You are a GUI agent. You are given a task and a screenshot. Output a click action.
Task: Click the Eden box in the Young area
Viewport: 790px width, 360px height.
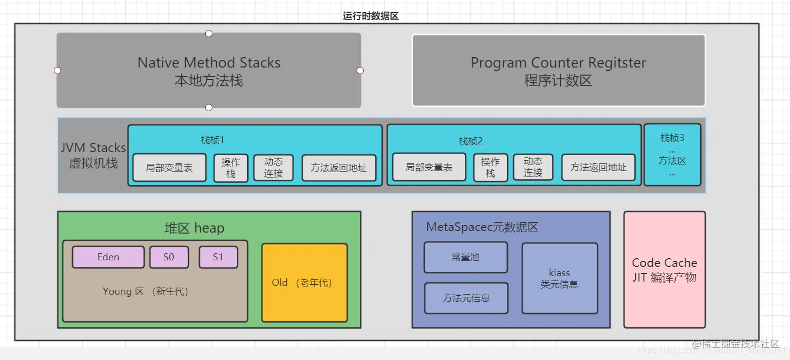[x=108, y=257]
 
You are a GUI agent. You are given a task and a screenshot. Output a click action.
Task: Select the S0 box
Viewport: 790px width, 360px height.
[x=169, y=257]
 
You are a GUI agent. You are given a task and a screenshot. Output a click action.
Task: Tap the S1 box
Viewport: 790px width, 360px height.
[x=218, y=257]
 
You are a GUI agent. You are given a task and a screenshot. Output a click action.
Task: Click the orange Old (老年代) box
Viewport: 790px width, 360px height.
[x=304, y=283]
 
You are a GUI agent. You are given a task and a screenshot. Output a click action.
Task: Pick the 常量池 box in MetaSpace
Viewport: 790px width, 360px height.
[x=466, y=257]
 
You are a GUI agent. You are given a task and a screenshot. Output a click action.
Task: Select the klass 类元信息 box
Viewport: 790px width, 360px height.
[x=560, y=278]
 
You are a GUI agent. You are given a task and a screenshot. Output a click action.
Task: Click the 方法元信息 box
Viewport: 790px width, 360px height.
[x=466, y=298]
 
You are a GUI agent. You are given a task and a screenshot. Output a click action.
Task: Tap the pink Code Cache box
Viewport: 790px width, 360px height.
[x=664, y=270]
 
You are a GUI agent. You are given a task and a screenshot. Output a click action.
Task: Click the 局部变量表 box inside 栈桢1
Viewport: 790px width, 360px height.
[x=169, y=167]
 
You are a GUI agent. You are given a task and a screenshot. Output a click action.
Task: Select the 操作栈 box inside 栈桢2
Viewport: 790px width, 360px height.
[x=491, y=167]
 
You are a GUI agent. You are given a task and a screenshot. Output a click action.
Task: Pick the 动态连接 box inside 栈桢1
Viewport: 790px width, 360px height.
[x=273, y=167]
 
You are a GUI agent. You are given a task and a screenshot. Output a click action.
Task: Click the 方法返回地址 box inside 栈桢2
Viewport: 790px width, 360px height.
[x=598, y=167]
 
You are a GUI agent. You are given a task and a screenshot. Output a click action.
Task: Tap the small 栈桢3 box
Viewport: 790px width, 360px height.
[x=672, y=155]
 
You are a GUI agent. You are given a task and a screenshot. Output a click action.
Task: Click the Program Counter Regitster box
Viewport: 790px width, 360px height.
[x=559, y=70]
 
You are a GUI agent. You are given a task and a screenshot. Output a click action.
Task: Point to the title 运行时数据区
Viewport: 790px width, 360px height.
[x=371, y=16]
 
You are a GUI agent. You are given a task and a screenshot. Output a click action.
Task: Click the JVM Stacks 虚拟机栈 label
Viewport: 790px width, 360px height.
[x=93, y=155]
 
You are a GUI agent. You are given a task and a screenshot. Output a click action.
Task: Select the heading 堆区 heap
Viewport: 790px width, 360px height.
[x=194, y=228]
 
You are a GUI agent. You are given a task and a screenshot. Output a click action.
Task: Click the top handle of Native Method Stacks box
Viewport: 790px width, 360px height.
[x=209, y=33]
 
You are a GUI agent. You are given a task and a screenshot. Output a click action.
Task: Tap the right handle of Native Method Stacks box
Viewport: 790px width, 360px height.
[x=360, y=70]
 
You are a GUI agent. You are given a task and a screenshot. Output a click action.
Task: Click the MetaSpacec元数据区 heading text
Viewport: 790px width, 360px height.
[x=482, y=227]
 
